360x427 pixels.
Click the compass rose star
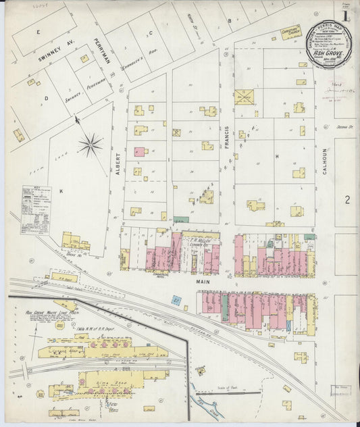point(90,144)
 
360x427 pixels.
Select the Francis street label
point(226,142)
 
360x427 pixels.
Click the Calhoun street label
point(325,163)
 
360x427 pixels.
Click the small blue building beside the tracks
point(176,300)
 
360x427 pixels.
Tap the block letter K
point(61,192)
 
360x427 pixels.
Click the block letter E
point(38,31)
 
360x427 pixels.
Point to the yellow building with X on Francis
point(242,96)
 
